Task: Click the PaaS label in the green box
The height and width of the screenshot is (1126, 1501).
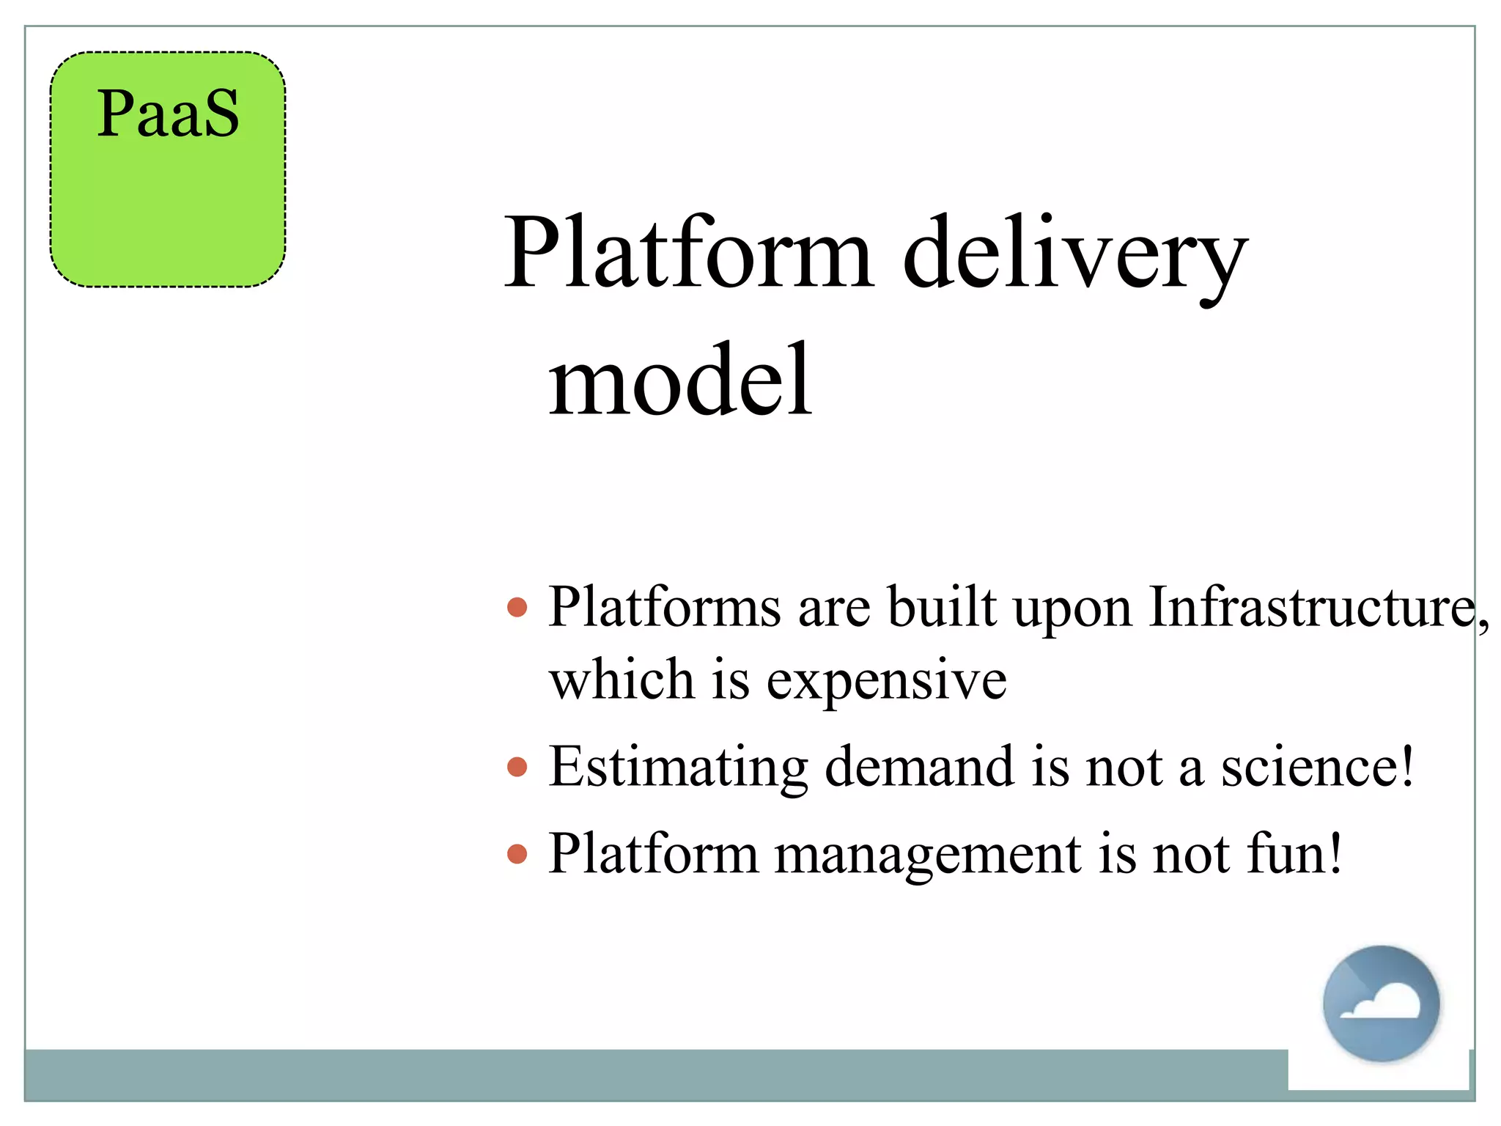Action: [168, 114]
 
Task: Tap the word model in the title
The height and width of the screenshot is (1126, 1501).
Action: [680, 381]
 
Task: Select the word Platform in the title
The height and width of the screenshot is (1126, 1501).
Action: [689, 253]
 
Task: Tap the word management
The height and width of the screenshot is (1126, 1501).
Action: [927, 855]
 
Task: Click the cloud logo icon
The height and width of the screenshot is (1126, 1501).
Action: [1381, 1004]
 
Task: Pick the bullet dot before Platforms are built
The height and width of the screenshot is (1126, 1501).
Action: [517, 607]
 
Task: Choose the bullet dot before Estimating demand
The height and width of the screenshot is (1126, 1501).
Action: [517, 768]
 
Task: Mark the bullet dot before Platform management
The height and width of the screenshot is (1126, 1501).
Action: [517, 854]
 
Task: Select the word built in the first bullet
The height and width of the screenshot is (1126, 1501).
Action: [942, 607]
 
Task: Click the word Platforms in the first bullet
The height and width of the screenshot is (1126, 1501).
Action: [665, 607]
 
